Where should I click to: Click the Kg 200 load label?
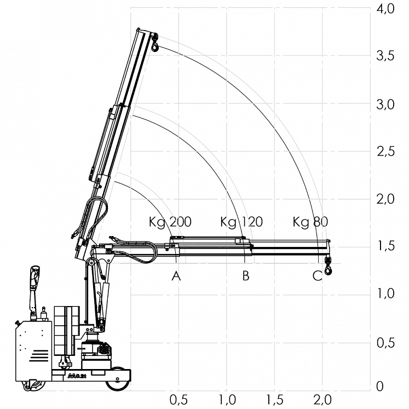pos(170,222)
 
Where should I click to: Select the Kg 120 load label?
pos(241,222)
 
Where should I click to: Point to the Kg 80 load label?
pos(310,222)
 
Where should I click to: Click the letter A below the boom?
pos(176,276)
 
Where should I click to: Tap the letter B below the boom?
pos(246,276)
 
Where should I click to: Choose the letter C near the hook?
pos(317,276)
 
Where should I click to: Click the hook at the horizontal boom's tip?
pos(328,267)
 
